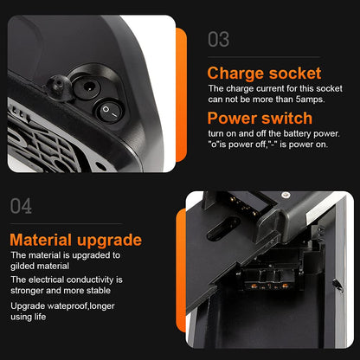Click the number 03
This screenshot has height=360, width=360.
(x=219, y=40)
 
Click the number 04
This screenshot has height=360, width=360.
(x=21, y=206)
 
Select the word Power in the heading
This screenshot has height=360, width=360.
(x=232, y=119)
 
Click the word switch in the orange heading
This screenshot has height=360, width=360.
(x=286, y=119)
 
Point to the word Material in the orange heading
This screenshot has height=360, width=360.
(x=41, y=240)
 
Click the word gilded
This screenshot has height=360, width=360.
(x=22, y=266)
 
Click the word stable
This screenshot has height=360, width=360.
(x=99, y=290)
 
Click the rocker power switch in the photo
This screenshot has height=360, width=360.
(x=109, y=112)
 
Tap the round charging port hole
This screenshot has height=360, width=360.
(x=87, y=87)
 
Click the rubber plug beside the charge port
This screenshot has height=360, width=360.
(x=59, y=86)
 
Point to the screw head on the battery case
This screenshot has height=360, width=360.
(x=286, y=195)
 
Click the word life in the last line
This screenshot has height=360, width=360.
(x=40, y=317)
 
